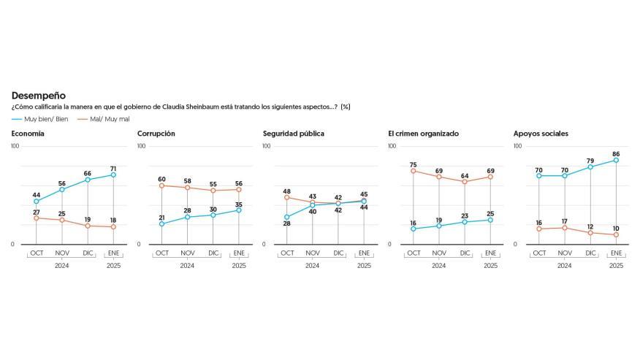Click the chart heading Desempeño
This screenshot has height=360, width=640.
39,96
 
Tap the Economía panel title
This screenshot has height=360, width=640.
28,134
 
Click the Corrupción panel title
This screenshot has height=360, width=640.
156,134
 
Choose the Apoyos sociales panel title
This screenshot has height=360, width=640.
541,134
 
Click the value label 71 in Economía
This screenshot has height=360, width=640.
113,169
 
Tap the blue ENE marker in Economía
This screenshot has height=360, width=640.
113,175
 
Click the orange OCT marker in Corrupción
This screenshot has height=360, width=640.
161,185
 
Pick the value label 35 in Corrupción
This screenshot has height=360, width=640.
239,204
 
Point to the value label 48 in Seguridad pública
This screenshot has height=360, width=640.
287,191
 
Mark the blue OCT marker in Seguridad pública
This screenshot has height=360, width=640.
287,217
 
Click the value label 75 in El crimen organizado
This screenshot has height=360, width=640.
413,165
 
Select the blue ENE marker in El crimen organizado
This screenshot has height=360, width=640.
490,220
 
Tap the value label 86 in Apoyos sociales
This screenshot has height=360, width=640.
616,154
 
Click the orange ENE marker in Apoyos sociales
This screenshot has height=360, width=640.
616,234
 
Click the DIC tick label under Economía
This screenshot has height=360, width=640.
88,253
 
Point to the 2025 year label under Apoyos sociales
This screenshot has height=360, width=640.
616,266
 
